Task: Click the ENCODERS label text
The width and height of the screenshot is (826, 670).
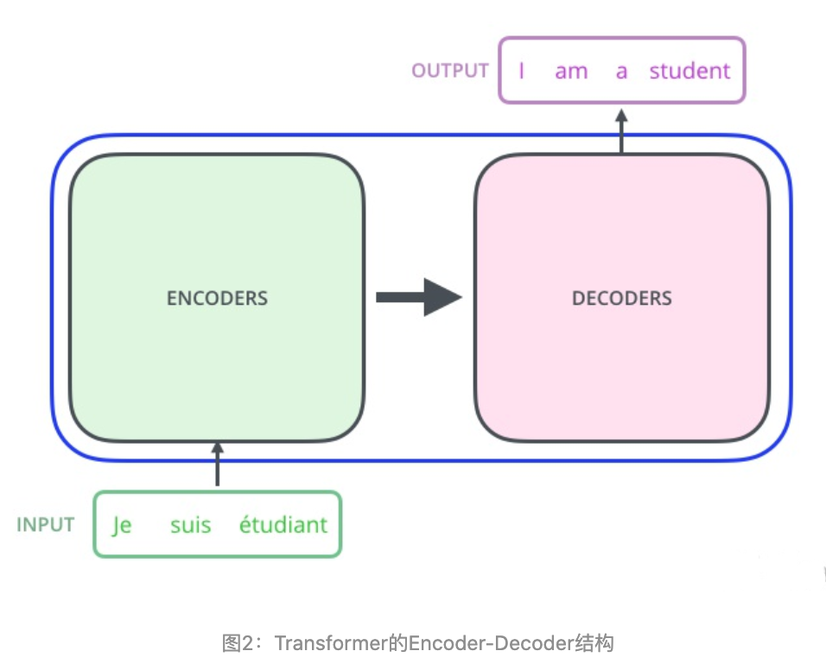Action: click(217, 299)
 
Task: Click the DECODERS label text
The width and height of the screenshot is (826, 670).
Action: click(621, 299)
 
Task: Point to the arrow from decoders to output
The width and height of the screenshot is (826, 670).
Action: click(621, 130)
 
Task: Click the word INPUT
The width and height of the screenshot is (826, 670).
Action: click(46, 524)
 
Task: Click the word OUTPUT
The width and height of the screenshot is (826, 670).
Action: click(450, 71)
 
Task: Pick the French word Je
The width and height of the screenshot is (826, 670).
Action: click(122, 525)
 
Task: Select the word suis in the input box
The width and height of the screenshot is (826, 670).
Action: click(190, 525)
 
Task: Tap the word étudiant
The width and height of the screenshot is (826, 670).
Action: click(283, 524)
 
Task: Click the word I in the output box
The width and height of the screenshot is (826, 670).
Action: click(522, 71)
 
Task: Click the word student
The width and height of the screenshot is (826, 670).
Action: click(689, 71)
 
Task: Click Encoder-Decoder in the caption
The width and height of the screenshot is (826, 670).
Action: click(490, 643)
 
